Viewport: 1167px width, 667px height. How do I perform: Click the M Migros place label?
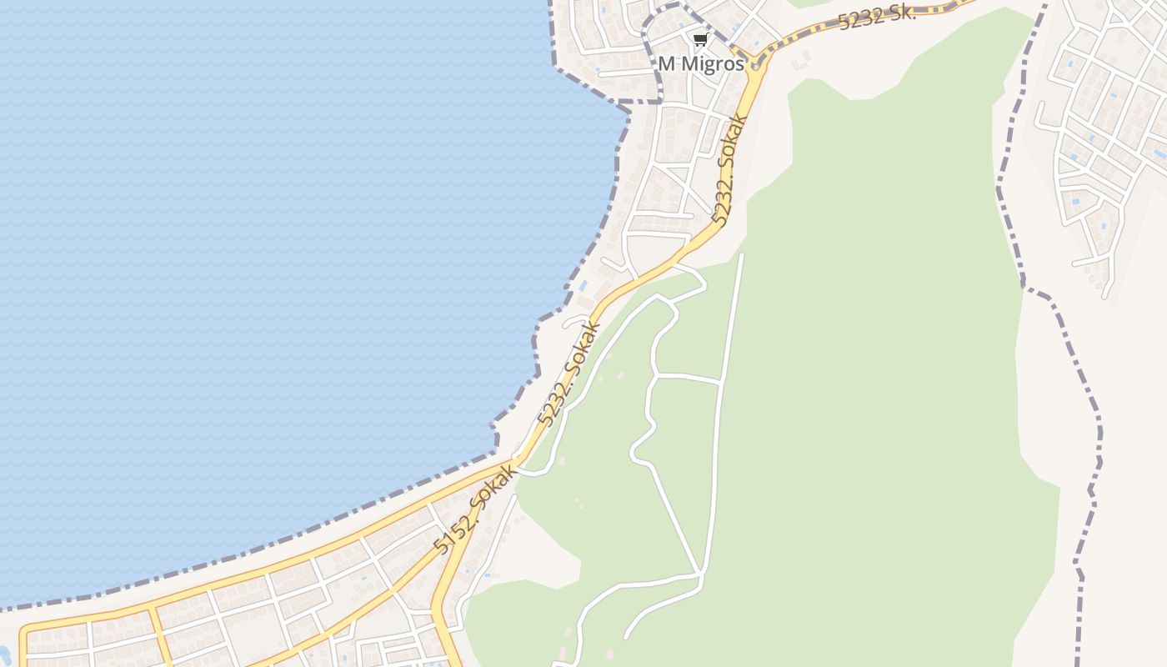[x=700, y=64]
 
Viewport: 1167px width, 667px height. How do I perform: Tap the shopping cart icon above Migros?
[x=700, y=40]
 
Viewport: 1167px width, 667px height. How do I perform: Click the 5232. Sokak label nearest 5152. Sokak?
[x=570, y=373]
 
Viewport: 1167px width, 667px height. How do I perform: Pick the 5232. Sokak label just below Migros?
[x=727, y=170]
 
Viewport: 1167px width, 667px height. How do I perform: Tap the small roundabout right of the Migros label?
[x=755, y=60]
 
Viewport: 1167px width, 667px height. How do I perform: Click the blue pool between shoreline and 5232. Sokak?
[x=583, y=286]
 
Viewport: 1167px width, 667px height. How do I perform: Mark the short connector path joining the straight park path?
[x=688, y=378]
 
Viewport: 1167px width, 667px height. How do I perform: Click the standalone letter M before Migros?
[x=665, y=64]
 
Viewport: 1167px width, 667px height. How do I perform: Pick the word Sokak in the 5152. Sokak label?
[x=490, y=494]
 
